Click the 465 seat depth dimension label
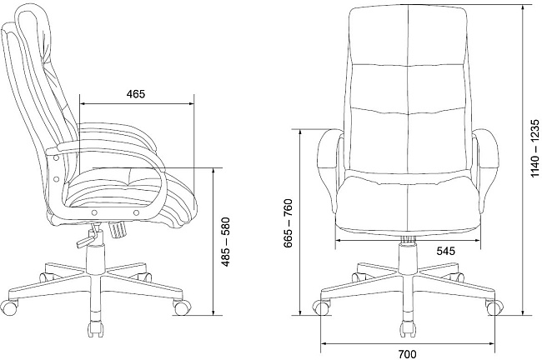pos(135,94)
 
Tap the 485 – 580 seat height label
pos(226,242)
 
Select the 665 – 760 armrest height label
pos(289,223)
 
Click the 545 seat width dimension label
pos(445,251)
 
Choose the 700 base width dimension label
pos(408,354)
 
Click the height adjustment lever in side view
pos(87,237)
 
